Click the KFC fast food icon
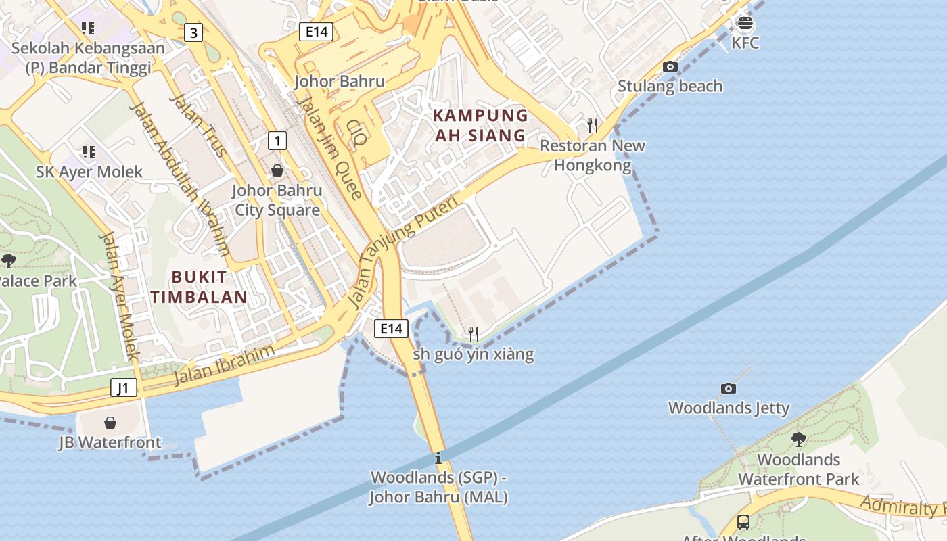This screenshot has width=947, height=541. [x=745, y=23]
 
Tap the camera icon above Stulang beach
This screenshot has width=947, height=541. [x=670, y=66]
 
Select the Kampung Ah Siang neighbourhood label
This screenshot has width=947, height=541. [x=480, y=125]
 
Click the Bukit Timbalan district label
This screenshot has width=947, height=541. [x=199, y=287]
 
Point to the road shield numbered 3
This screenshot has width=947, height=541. [x=194, y=32]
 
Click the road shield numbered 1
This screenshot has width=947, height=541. [x=277, y=141]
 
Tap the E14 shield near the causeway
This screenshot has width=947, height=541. [x=391, y=329]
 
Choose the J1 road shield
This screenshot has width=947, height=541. [x=124, y=387]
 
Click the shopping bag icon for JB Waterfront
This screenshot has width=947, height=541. [x=110, y=423]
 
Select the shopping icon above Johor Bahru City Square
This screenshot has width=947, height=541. [x=277, y=170]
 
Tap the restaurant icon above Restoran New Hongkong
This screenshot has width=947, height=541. [x=593, y=125]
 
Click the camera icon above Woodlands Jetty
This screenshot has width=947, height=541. [x=729, y=388]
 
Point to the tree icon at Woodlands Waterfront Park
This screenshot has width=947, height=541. [x=799, y=439]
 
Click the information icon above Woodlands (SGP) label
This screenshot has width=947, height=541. [x=438, y=458]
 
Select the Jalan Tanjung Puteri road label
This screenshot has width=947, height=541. [x=403, y=252]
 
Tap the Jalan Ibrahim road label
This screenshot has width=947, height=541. [x=225, y=364]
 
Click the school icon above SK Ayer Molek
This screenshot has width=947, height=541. [x=89, y=152]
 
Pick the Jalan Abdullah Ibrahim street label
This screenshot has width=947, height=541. [x=179, y=179]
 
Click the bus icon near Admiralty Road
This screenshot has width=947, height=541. [x=743, y=522]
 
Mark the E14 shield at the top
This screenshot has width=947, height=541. [x=317, y=31]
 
